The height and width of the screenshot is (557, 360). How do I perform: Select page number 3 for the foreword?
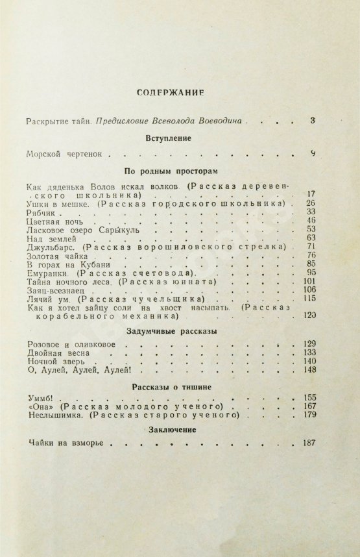[312, 120]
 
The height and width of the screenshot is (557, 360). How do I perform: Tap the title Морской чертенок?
[64, 155]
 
